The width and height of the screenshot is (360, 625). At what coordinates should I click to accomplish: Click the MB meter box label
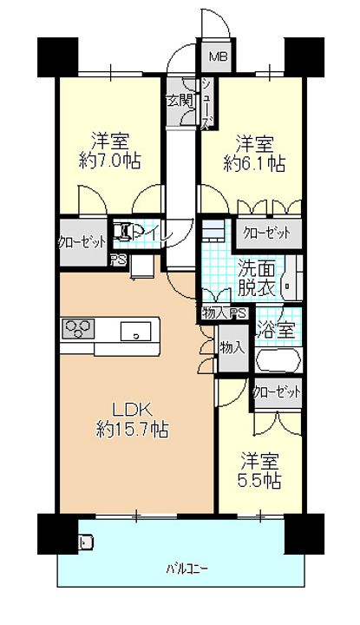tap(216, 58)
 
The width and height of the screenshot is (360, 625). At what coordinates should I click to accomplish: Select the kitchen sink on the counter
tap(136, 331)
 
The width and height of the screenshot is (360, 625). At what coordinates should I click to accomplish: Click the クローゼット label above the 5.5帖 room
tap(277, 391)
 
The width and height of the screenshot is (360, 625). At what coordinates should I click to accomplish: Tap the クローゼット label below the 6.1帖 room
tap(266, 233)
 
